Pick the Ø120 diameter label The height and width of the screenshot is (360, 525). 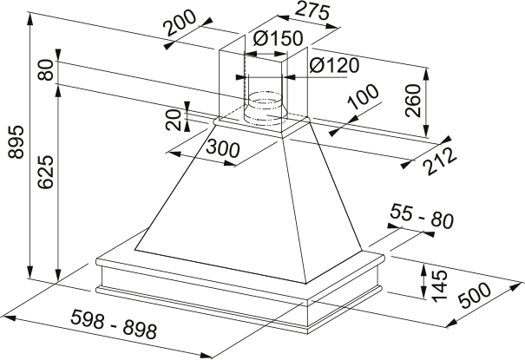329,65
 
